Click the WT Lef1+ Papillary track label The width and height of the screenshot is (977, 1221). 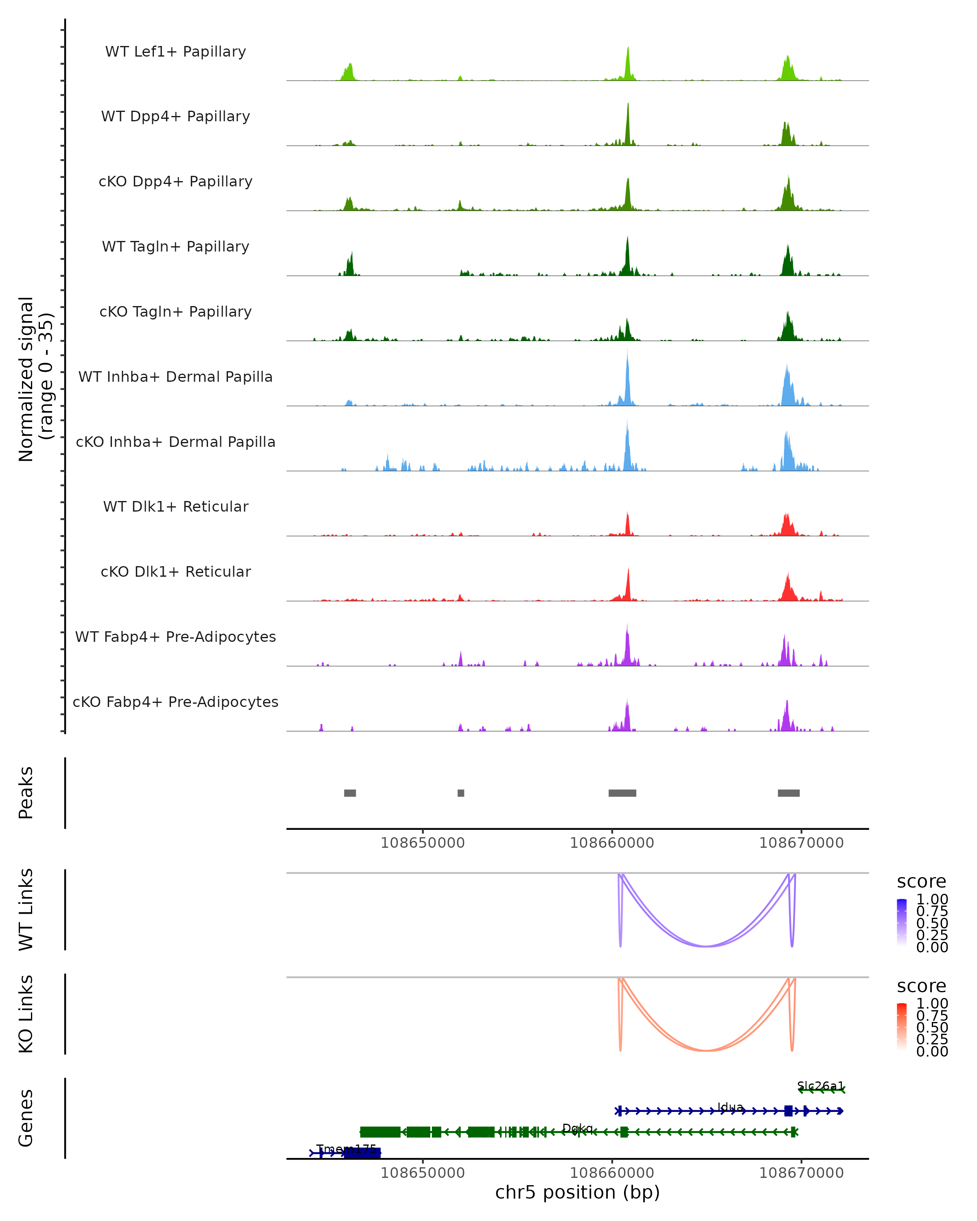[x=175, y=52]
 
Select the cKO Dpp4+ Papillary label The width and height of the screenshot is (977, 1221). [x=175, y=181]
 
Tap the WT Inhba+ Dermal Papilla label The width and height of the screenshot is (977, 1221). [x=175, y=376]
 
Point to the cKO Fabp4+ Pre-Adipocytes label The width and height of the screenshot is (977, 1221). [x=175, y=702]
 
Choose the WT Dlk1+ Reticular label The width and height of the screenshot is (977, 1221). [x=175, y=506]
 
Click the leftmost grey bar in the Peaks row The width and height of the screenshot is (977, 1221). [x=350, y=793]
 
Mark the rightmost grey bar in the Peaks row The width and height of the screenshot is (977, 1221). [x=789, y=793]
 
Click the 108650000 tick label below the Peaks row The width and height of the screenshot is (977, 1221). [x=423, y=843]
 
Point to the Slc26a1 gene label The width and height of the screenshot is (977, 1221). [x=820, y=1085]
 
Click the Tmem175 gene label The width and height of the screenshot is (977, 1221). [x=346, y=1149]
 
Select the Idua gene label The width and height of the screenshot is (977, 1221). [x=730, y=1107]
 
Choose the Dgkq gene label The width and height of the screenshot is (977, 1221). [x=577, y=1128]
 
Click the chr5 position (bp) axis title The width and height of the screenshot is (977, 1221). [x=577, y=1192]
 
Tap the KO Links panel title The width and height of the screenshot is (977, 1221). [x=26, y=1014]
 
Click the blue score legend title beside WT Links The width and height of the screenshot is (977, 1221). [x=921, y=881]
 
